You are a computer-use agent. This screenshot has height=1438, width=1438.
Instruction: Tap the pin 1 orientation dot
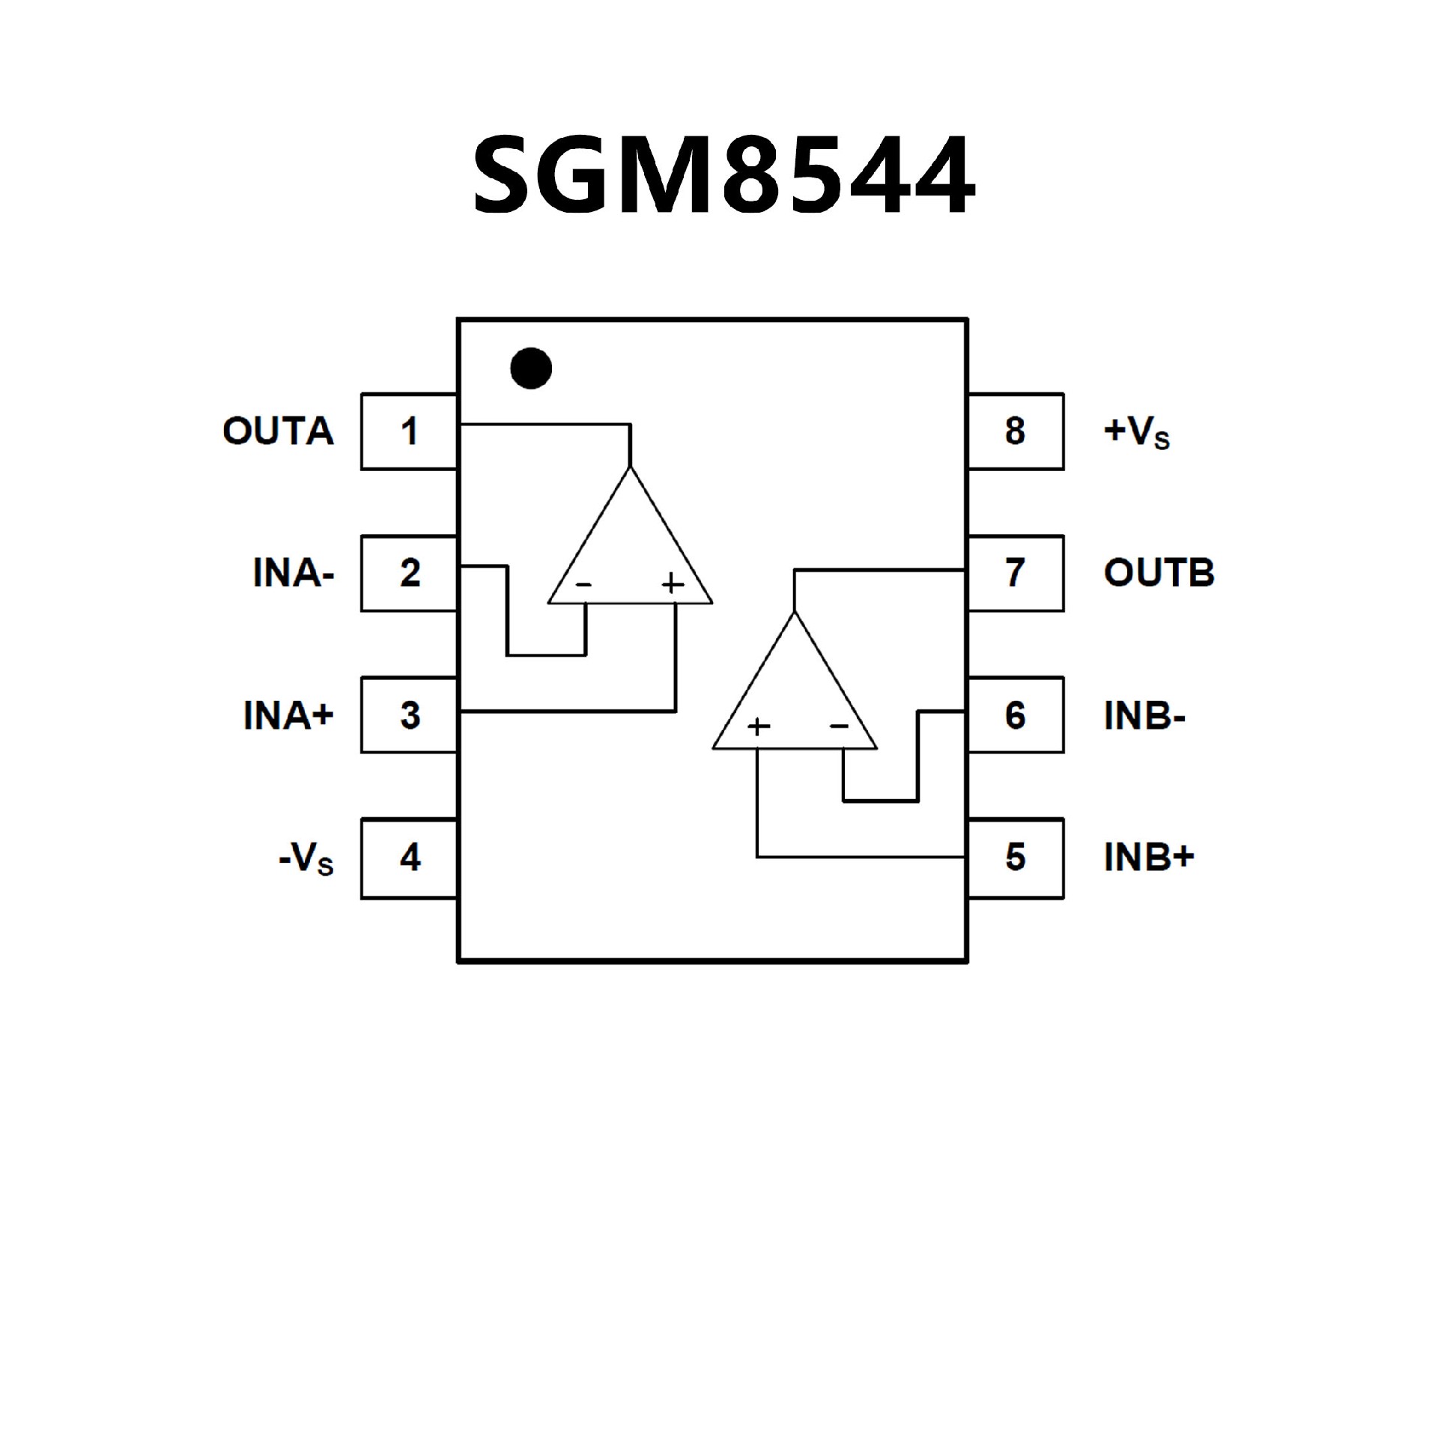[x=531, y=368]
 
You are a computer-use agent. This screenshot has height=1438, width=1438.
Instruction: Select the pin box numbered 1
[x=409, y=431]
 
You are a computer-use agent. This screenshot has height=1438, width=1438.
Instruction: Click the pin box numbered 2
[x=409, y=573]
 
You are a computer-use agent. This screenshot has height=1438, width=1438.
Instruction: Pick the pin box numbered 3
[x=409, y=715]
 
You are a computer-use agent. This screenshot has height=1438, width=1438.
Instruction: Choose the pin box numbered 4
[x=409, y=858]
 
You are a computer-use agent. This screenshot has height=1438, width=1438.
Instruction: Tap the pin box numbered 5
[x=1015, y=858]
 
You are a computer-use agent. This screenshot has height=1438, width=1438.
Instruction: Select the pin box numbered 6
[x=1015, y=715]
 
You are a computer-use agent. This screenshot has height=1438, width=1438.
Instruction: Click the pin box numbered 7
[x=1015, y=573]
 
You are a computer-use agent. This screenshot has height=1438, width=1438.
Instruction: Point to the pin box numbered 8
[x=1015, y=431]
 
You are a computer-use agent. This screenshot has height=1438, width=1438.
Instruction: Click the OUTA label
[x=278, y=431]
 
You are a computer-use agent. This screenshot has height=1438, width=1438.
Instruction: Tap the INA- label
[x=293, y=574]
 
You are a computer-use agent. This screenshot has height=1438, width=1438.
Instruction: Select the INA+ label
[x=288, y=715]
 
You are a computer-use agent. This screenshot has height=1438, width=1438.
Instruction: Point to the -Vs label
[x=306, y=859]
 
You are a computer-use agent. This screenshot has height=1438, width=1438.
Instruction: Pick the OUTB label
[x=1159, y=573]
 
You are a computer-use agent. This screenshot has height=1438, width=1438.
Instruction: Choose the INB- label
[x=1144, y=716]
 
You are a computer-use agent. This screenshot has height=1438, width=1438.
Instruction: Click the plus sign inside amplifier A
[x=673, y=583]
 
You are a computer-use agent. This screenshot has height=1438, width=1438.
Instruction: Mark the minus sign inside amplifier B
[x=839, y=725]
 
